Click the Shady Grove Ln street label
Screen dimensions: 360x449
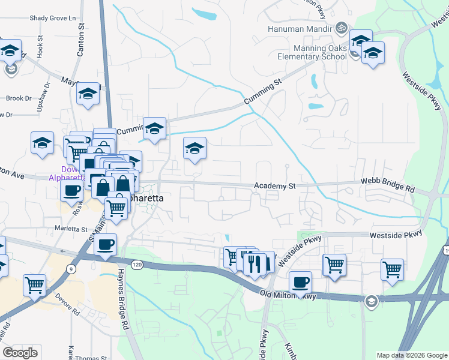coord(55,18)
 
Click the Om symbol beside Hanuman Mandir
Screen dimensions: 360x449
coord(342,28)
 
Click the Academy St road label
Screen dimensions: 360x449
coord(275,186)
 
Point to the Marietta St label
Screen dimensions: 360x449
coord(71,229)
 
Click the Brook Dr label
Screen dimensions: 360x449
coord(18,98)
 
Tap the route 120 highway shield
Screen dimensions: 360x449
coord(137,264)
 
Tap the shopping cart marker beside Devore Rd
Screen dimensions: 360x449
coord(34,284)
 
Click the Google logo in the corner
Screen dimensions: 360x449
coord(20,353)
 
